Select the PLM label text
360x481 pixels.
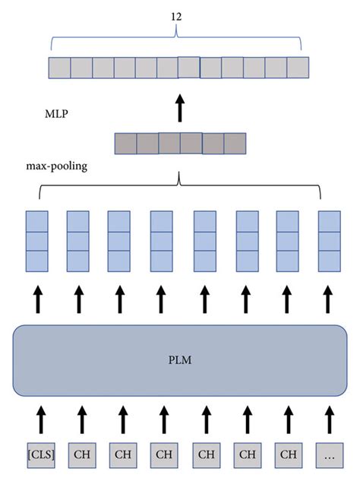pos(180,360)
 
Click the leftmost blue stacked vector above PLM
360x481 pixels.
pos(37,241)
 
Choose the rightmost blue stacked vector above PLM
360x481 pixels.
pos(328,241)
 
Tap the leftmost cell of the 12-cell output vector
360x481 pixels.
pos(59,68)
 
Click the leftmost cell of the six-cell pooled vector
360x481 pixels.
pos(125,144)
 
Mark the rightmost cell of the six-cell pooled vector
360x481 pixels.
pos(235,144)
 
